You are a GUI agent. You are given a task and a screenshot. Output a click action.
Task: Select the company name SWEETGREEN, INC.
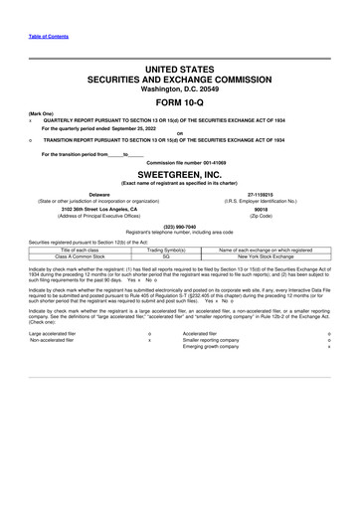pos(180,171)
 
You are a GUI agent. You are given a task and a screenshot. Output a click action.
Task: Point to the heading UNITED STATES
pos(180,68)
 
